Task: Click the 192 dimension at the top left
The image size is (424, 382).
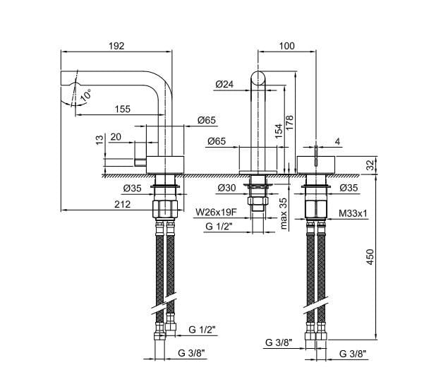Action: (x=117, y=45)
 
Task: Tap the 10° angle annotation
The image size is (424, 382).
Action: (x=86, y=94)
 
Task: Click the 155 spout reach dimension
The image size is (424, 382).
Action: (x=123, y=109)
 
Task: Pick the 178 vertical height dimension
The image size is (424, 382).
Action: (x=289, y=121)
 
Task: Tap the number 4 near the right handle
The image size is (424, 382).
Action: (x=338, y=143)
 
